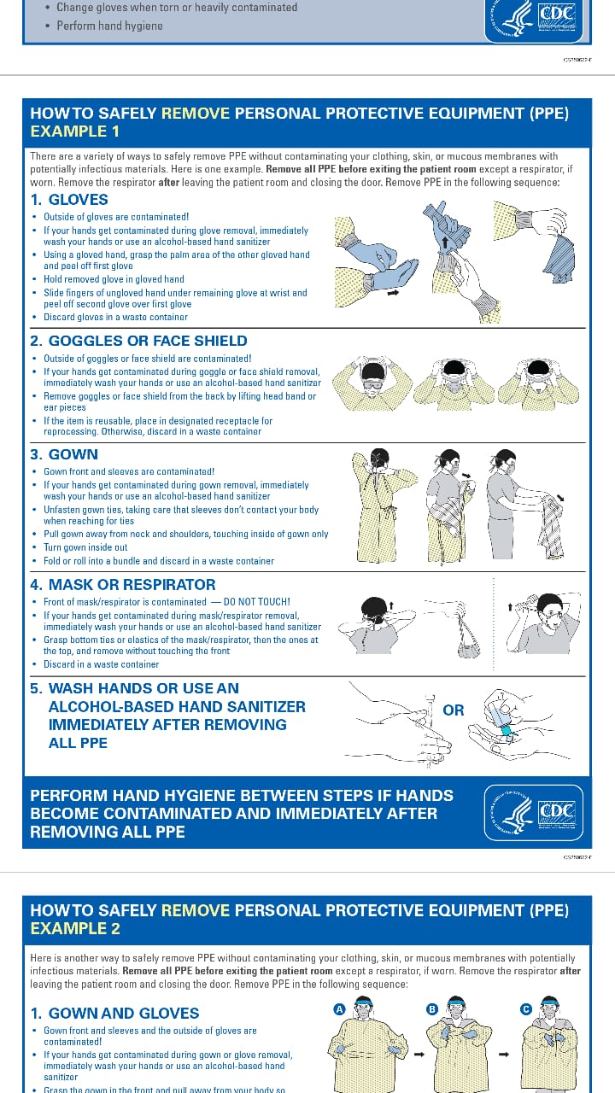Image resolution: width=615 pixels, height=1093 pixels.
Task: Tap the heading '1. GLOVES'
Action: (69, 200)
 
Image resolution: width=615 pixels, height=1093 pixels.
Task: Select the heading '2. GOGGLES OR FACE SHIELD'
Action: (138, 341)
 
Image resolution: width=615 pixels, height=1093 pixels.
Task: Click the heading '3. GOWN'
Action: (64, 454)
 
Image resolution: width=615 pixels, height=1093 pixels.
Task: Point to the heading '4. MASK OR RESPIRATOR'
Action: (123, 585)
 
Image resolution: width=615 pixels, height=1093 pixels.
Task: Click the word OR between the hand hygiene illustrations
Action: (454, 710)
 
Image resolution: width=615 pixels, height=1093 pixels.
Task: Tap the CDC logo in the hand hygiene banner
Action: (534, 812)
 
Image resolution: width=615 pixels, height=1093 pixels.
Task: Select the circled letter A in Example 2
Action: (339, 1009)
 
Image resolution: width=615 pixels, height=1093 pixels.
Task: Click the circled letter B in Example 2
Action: (432, 1009)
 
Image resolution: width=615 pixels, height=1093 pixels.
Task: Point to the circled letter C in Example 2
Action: (526, 1009)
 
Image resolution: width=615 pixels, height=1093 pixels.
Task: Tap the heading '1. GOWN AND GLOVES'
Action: (114, 1014)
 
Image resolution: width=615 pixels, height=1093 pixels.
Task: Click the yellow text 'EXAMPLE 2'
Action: (75, 928)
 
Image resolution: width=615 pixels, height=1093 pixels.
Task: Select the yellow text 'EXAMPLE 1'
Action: (75, 132)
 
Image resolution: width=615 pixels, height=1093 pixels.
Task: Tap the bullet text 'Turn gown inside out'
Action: (85, 547)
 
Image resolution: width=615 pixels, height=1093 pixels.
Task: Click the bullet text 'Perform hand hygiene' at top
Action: (109, 26)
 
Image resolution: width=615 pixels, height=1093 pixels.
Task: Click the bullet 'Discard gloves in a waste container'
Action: (115, 317)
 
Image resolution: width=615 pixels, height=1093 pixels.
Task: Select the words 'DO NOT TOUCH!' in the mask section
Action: (256, 602)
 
